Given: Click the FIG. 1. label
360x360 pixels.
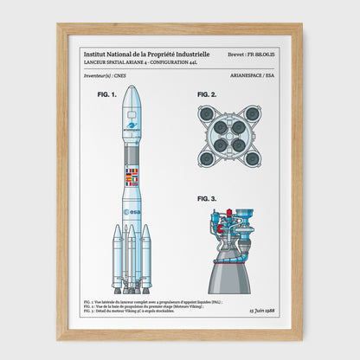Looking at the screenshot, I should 106,94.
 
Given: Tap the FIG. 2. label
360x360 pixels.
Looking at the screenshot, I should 208,93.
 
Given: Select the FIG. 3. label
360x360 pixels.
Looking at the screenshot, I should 208,198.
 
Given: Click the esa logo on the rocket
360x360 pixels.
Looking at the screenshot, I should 132,211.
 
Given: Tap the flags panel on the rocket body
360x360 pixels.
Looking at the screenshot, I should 132,178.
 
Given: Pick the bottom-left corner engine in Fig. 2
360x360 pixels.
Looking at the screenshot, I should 207,157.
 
